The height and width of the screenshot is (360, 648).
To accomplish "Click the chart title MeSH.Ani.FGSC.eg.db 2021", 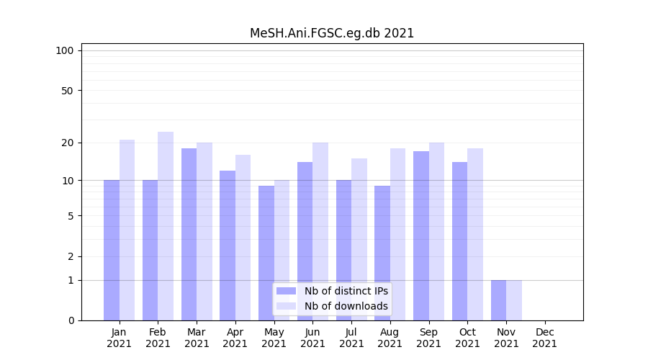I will pos(332,33).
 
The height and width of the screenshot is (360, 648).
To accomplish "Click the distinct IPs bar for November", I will pos(498,300).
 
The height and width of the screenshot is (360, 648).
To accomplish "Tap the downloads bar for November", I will pos(514,300).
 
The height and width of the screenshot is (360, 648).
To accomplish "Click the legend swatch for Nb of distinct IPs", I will pos(286,291).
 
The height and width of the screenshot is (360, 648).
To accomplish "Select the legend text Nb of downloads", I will pos(346,306).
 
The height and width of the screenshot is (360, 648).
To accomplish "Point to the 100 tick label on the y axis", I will pos(65,50).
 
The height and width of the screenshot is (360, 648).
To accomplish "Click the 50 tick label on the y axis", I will pos(68,91).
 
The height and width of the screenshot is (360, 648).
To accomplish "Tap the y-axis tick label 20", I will pos(68,143).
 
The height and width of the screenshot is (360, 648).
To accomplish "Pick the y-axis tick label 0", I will pos(71,320).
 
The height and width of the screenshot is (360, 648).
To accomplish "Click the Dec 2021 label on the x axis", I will pos(545,338).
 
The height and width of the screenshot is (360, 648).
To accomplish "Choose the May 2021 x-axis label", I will pos(274,338).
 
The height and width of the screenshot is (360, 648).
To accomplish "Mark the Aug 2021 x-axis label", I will pos(390,338).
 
